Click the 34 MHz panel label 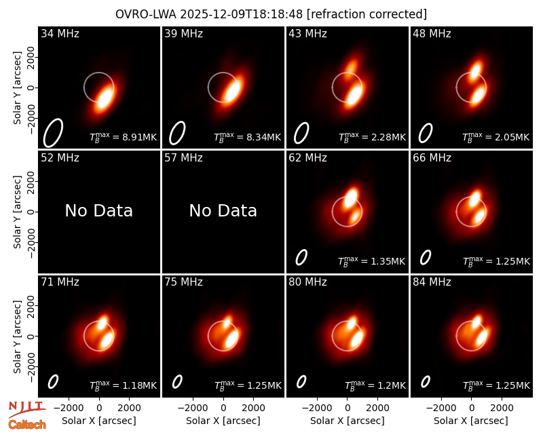coord(60,33)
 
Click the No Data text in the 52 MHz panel coord(98,210)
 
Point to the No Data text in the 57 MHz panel coord(223,210)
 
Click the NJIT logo coord(26,408)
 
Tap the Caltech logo coord(27,425)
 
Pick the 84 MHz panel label coord(432,282)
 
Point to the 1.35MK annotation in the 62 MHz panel coord(388,261)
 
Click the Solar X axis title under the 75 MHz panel coord(223,421)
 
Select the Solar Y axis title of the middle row coord(18,212)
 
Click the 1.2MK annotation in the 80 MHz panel coord(391,385)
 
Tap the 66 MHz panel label coord(432,158)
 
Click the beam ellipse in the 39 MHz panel coord(177,132)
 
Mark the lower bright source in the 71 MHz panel coord(107,341)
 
